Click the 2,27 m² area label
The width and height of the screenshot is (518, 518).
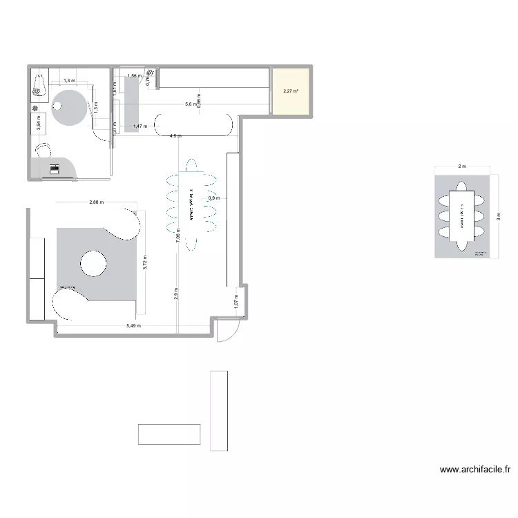click(x=290, y=90)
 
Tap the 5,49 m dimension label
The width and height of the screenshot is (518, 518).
click(x=134, y=326)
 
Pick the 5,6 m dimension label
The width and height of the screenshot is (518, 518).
click(x=189, y=104)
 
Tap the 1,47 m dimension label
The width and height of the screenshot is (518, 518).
click(x=140, y=126)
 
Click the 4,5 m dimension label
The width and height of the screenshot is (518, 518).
click(x=175, y=136)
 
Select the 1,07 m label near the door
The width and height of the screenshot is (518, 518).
click(x=236, y=302)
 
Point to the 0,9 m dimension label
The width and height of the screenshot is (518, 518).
click(x=214, y=198)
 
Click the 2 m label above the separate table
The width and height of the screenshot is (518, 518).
click(x=461, y=166)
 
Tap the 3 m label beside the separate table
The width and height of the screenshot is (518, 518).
click(x=498, y=214)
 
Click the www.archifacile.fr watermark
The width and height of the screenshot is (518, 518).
click(x=475, y=470)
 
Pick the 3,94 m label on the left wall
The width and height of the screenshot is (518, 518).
click(x=39, y=124)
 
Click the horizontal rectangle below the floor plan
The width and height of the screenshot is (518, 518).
click(x=169, y=433)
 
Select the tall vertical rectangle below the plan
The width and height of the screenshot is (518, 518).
click(x=218, y=410)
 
